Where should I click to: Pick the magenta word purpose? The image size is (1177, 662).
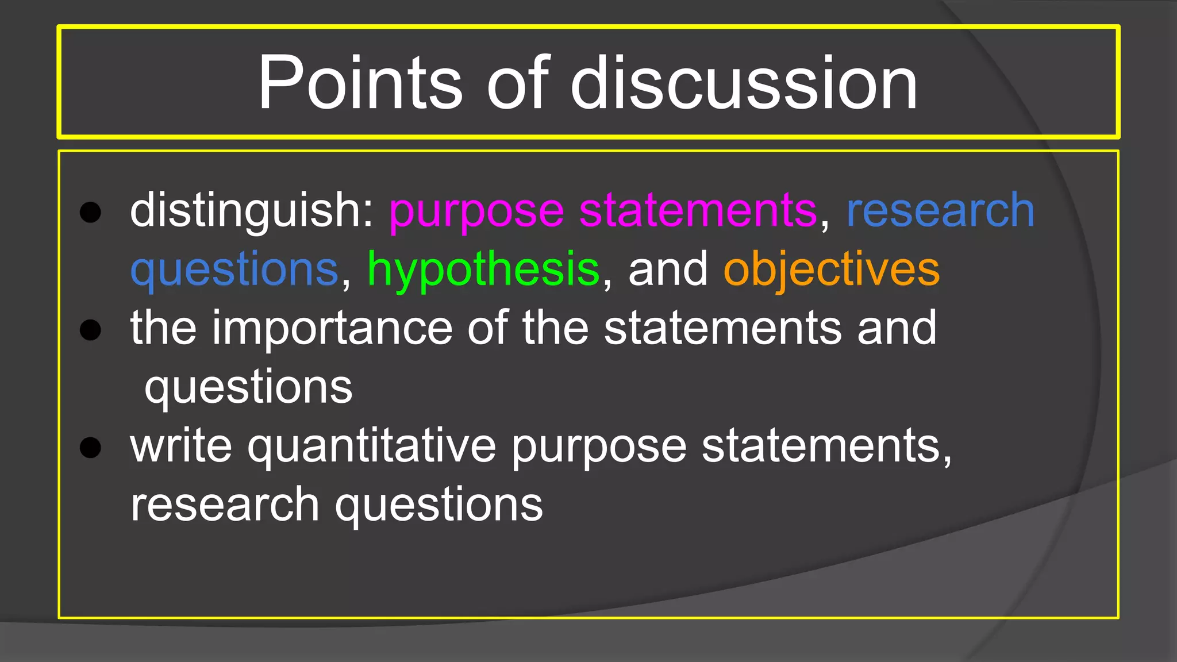pos(476,211)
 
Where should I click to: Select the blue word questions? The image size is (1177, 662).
pos(234,270)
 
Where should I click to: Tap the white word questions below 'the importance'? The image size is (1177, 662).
pos(248,387)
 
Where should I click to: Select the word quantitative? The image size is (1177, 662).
pos(371,446)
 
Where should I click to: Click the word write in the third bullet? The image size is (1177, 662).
pos(181,446)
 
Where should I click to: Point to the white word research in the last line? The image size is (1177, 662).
pos(225,505)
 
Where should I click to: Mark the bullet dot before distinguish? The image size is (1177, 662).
pos(90,212)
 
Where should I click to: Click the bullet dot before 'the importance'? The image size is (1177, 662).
pos(90,329)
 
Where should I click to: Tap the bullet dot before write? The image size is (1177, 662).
pos(90,447)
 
